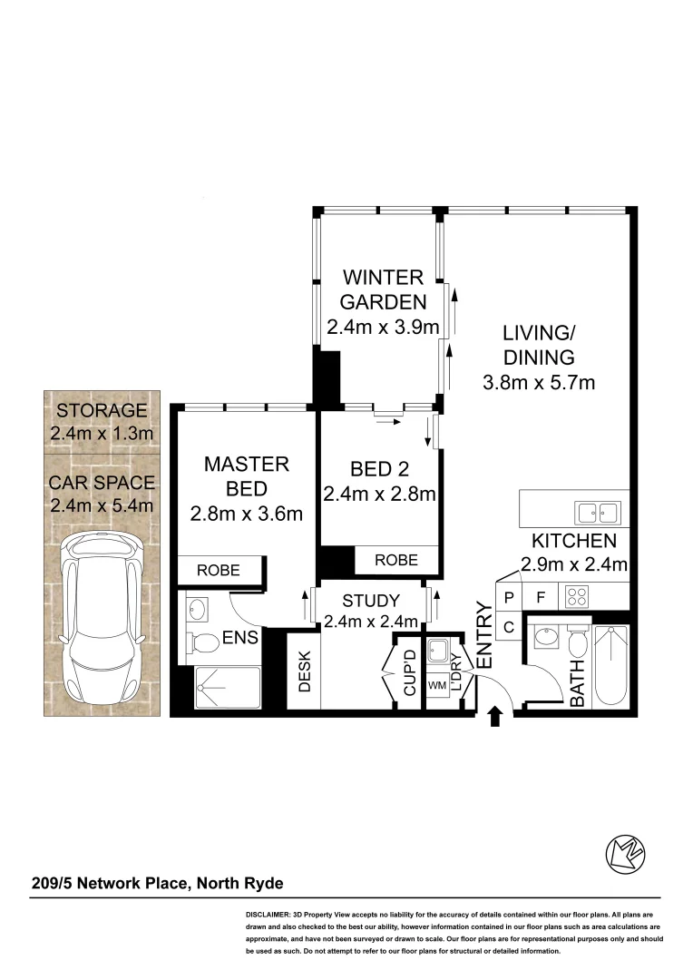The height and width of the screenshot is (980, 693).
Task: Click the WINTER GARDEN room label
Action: coord(382,289)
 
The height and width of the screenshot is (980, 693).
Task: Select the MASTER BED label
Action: coord(246,476)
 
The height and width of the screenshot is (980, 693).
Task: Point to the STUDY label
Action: coord(370,601)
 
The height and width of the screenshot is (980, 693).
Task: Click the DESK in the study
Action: coord(304,671)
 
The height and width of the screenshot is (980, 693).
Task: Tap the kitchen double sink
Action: coord(597,513)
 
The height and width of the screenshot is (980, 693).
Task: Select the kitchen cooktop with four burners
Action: coord(578,597)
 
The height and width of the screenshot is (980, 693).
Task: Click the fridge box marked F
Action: coord(541,597)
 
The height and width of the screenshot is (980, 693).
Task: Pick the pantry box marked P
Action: coord(509,597)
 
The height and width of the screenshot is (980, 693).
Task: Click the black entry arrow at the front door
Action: coord(495,718)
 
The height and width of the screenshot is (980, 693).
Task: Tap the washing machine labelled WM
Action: coord(436,685)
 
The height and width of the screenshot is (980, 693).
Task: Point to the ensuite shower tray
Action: coord(228,688)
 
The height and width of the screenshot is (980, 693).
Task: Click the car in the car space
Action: coord(102,617)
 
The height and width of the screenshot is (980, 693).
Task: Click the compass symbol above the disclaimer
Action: coord(625,852)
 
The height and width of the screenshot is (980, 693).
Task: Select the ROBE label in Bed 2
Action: coord(396,560)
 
